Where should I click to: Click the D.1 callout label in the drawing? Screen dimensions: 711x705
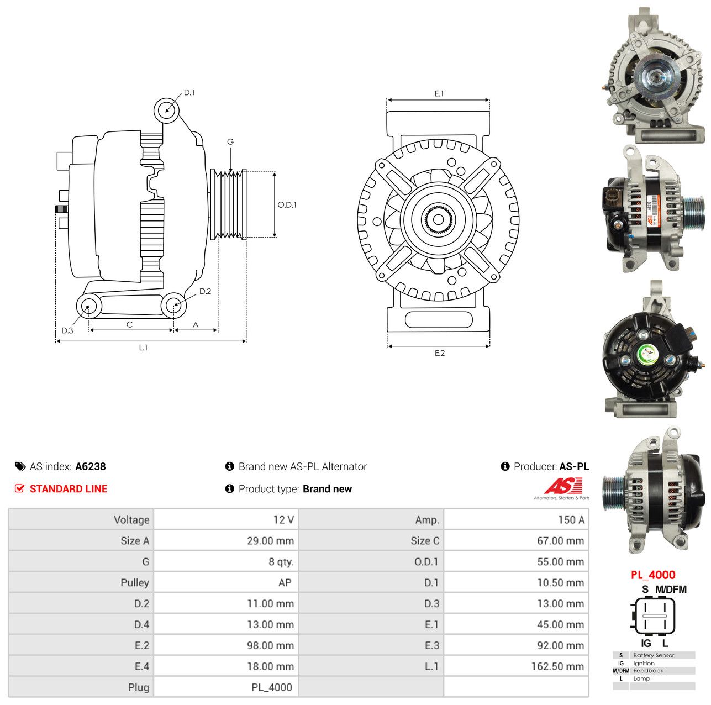[x=189, y=92]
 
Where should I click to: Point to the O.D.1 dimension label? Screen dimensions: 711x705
[x=287, y=204]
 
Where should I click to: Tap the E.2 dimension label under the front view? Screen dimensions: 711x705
[x=439, y=353]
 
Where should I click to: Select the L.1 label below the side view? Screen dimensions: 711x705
[x=143, y=347]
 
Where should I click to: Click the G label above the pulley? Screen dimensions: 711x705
[x=230, y=141]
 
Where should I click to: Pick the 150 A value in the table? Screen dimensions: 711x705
[x=571, y=520]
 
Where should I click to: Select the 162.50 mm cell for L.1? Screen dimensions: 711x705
[x=557, y=666]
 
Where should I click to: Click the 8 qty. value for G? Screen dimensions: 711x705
[x=281, y=561]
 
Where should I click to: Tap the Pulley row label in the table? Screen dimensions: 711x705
[x=135, y=582]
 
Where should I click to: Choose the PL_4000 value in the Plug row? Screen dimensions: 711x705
[x=272, y=687]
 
